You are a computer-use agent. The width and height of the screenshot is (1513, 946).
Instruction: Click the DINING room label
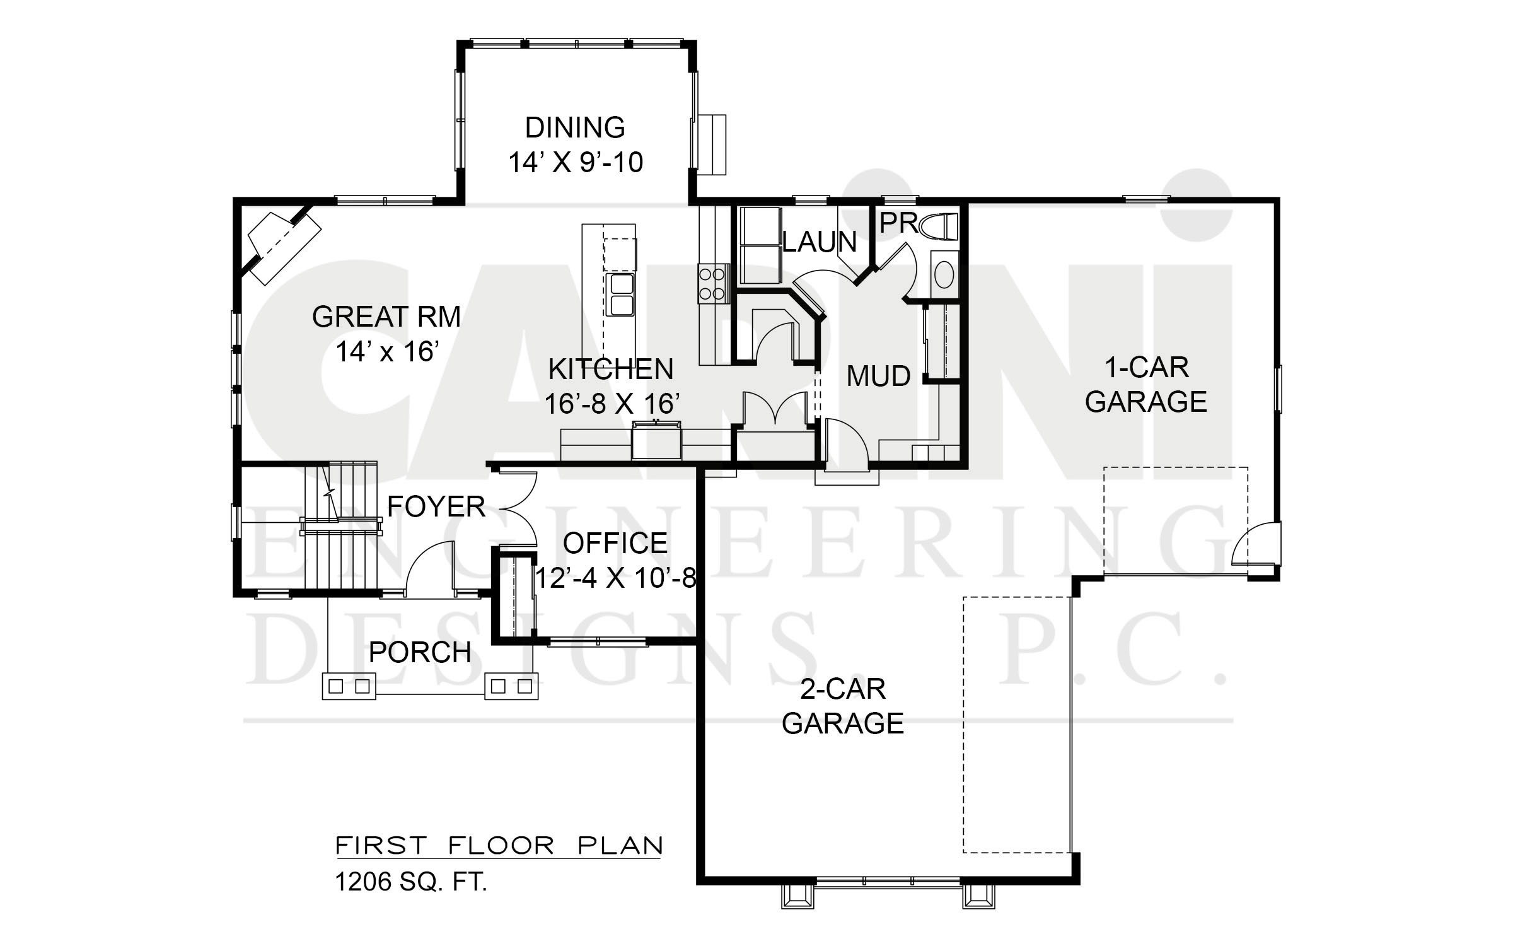pos(575,127)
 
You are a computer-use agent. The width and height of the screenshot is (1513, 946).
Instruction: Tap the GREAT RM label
pos(386,317)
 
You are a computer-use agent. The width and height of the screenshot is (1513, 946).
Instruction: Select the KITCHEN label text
pos(611,370)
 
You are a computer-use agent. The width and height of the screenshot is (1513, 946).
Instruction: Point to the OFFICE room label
pos(615,543)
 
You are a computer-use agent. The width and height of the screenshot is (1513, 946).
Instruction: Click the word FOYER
pos(436,506)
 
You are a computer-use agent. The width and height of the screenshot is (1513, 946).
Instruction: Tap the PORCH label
pos(420,652)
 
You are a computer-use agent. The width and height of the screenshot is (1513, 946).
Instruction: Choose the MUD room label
pos(878,377)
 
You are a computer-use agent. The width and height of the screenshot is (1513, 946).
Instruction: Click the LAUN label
pos(820,242)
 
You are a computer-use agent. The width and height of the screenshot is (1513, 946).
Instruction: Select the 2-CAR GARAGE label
pos(843,706)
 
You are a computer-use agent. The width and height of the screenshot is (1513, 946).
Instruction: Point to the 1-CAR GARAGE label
pos(1146,385)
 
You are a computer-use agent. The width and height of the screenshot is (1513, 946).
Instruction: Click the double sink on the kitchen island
pos(620,294)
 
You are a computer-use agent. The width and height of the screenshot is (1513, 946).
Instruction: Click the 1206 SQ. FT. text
pos(411,882)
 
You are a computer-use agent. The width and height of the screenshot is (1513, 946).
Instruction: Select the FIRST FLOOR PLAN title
pos(499,846)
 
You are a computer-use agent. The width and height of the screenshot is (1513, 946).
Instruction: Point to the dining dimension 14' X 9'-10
pos(576,163)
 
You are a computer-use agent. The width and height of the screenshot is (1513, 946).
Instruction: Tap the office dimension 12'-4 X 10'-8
pos(615,578)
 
